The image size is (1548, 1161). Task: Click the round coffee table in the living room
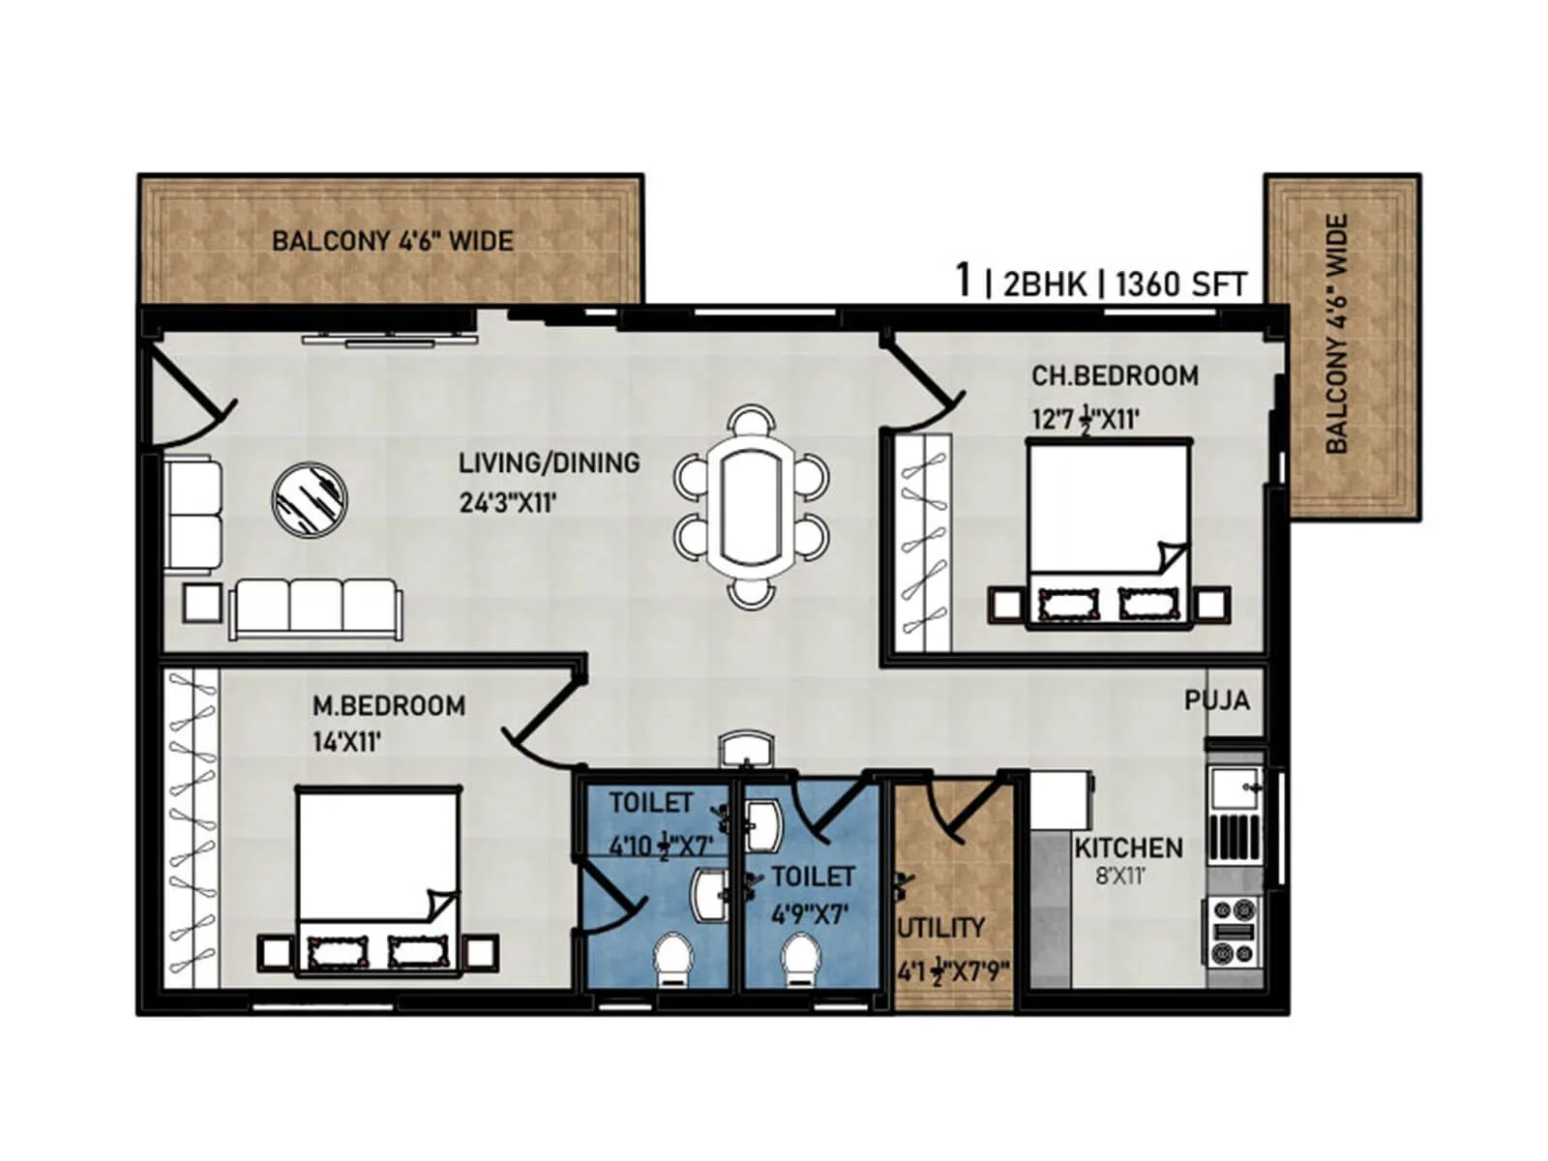310,498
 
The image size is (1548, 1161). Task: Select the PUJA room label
1216,700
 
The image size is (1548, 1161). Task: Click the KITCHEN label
1128,848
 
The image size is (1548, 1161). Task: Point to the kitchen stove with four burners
1232,932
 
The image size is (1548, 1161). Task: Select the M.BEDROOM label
388,706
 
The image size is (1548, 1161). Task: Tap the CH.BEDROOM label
1114,375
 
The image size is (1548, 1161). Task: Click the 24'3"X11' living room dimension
508,503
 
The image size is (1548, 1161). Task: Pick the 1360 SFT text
1180,284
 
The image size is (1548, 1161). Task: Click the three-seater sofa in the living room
315,608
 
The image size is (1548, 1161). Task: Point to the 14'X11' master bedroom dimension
346,743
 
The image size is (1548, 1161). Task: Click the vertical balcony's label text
1336,334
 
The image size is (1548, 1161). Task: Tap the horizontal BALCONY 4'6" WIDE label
392,241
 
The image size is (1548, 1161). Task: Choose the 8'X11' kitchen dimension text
1120,878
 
